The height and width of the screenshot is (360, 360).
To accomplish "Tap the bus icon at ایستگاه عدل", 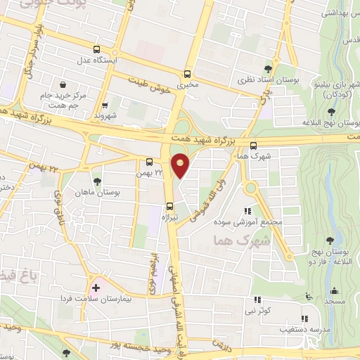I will tap(97, 49).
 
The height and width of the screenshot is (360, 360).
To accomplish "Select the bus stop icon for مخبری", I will tap(187, 74).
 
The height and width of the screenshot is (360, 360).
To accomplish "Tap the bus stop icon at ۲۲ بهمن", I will tap(149, 161).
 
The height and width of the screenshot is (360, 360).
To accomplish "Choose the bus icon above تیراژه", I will tap(169, 206).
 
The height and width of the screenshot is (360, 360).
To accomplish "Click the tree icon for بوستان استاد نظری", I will tap(254, 70).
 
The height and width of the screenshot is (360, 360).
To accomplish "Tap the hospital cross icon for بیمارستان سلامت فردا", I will tap(96, 288).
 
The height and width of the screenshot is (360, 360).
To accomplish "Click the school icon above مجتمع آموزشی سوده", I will tap(247, 211).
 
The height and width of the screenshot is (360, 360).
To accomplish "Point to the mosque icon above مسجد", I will tap(333, 291).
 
